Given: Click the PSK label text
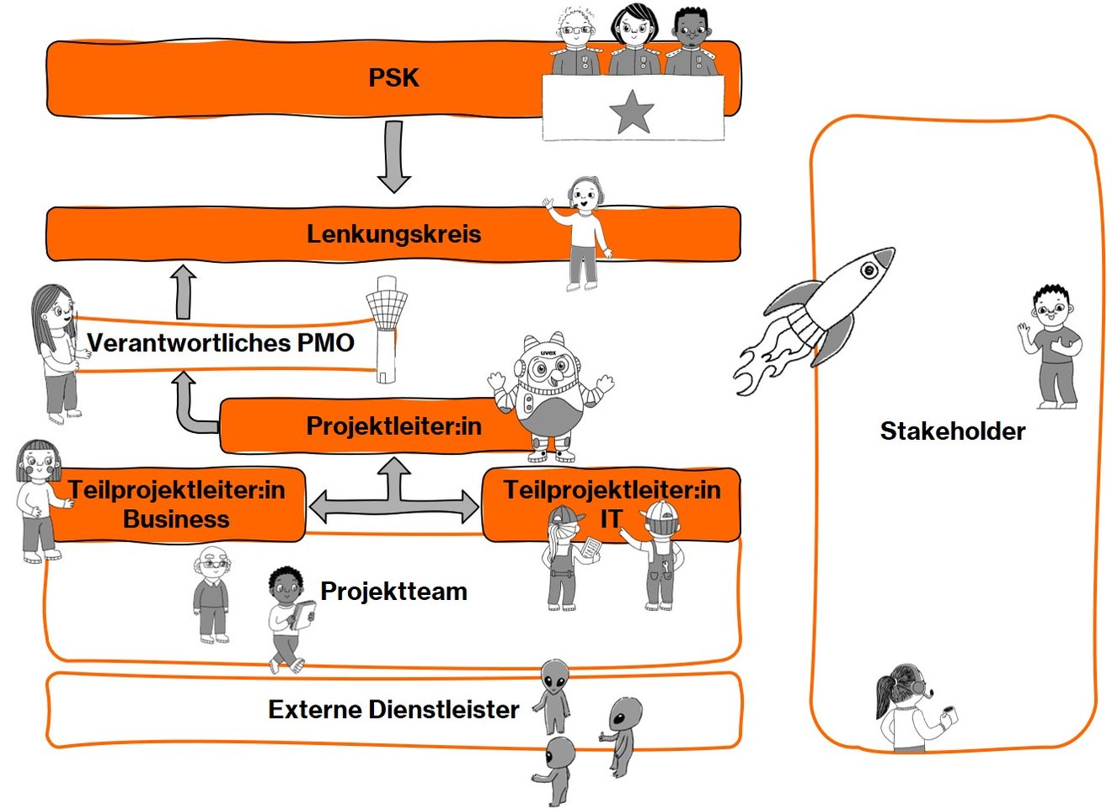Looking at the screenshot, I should pos(393,78).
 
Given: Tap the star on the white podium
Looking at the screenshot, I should pos(631,111).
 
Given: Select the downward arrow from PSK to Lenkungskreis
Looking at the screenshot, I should pos(393,156).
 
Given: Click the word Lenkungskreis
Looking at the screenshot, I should pos(393,233).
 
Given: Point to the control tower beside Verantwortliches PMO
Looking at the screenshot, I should pos(386,329).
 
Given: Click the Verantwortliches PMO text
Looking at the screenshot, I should pos(221,343).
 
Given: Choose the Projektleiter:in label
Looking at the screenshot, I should pos(393,426).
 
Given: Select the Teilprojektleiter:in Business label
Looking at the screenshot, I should pos(176,504).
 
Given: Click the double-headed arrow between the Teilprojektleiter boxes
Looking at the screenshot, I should pos(393,506).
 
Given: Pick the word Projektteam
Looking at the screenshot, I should pos(393,591).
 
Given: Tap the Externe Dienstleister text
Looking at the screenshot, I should pos(393,710).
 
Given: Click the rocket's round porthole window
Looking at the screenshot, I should pos(869,271).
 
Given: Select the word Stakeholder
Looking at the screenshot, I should pos(953,431).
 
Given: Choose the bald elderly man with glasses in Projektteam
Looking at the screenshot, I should pos(211,594).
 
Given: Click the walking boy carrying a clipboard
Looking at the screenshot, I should pos(288,619).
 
